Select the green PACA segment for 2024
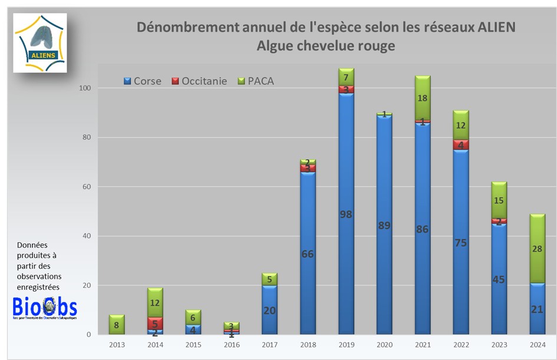pyautogui.click(x=537, y=248)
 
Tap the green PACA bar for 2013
pyautogui.click(x=117, y=325)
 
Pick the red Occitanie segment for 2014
pyautogui.click(x=155, y=323)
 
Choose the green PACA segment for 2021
pyautogui.click(x=423, y=98)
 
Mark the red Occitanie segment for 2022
pyautogui.click(x=461, y=145)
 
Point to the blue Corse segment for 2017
pyautogui.click(x=269, y=310)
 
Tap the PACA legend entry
pyautogui.click(x=255, y=81)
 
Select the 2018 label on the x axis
pyautogui.click(x=308, y=344)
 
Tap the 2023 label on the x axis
pyautogui.click(x=499, y=344)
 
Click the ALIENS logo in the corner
pyautogui.click(x=40, y=43)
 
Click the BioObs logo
pyautogui.click(x=45, y=309)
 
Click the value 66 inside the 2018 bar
pyautogui.click(x=308, y=254)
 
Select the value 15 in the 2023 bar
pyautogui.click(x=499, y=200)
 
